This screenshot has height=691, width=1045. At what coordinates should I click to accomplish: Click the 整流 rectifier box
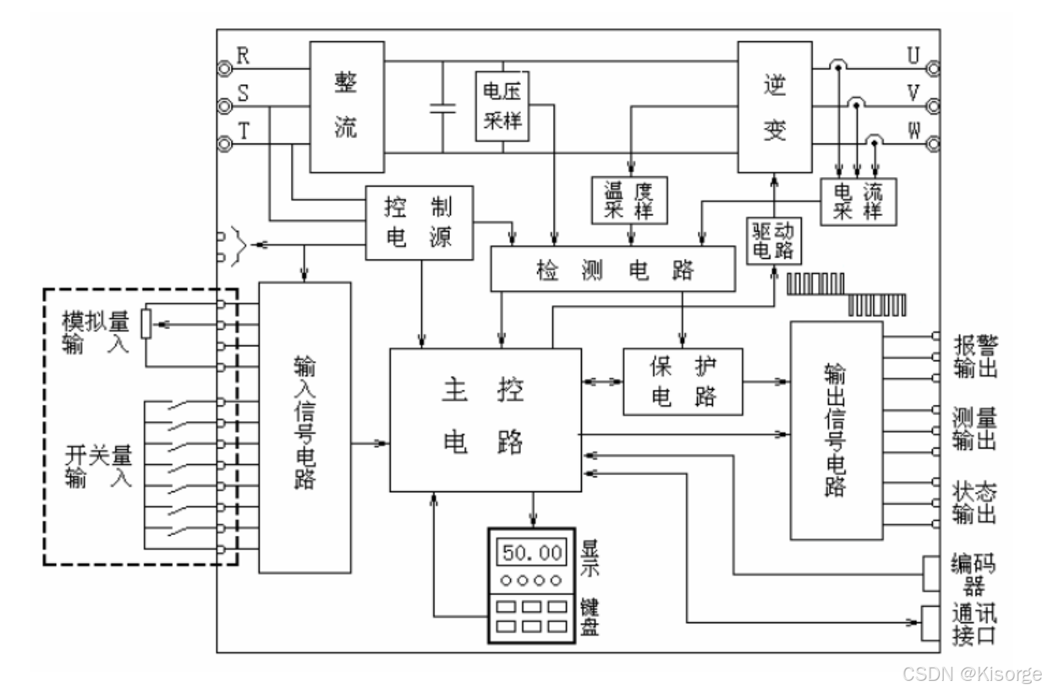(x=347, y=107)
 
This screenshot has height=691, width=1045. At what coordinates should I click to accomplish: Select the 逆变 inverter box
(x=775, y=107)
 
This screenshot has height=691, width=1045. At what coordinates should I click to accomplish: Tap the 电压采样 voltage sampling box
(x=502, y=106)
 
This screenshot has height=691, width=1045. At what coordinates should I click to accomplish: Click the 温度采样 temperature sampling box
(x=629, y=200)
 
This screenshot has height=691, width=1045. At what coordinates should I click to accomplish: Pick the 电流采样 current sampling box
(x=859, y=201)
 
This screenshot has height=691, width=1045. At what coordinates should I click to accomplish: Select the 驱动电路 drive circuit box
(x=774, y=241)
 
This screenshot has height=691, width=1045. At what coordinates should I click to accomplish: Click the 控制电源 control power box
(x=420, y=223)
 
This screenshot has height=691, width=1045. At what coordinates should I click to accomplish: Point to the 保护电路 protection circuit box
(x=683, y=381)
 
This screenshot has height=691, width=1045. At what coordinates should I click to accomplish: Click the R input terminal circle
(x=225, y=69)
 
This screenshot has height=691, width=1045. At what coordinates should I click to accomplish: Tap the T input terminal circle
(x=225, y=144)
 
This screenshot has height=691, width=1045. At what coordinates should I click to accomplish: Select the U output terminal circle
(x=933, y=69)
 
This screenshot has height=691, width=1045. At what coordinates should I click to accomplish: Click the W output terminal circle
(x=933, y=144)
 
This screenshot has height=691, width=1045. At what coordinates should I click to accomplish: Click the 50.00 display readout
(x=532, y=553)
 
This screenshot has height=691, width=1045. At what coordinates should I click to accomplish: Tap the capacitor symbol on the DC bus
(x=443, y=108)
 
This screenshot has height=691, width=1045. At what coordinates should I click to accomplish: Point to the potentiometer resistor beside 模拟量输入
(x=147, y=324)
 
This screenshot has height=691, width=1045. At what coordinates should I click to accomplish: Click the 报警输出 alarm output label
(x=975, y=356)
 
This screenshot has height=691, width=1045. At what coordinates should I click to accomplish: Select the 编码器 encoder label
(x=973, y=574)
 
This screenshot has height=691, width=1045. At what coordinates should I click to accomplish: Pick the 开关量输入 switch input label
(x=98, y=466)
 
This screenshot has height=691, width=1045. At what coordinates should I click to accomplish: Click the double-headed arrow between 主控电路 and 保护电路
(x=602, y=381)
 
